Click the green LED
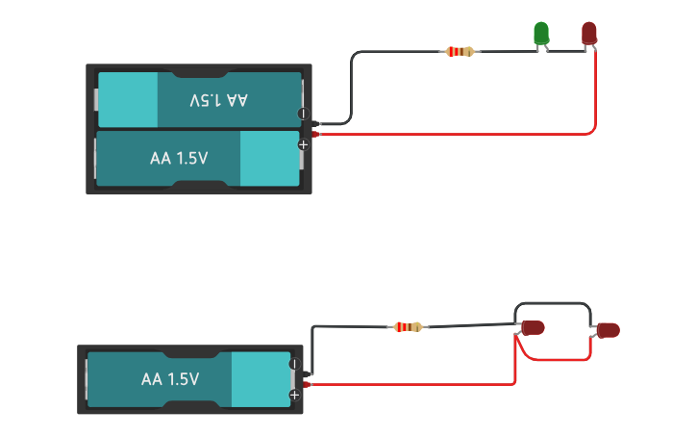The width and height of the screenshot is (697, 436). coord(541,34)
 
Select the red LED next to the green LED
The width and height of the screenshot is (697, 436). coord(588,34)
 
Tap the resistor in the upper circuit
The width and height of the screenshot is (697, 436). coord(461,51)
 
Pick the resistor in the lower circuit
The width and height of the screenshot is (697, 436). coord(409,327)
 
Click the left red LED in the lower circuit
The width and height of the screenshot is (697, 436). coord(533,327)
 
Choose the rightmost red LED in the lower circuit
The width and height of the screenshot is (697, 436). coord(608,330)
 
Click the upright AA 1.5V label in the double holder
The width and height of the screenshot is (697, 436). coord(179,158)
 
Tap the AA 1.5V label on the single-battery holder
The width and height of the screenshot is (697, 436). coord(170,379)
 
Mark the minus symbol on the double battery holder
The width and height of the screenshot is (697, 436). coord(303,114)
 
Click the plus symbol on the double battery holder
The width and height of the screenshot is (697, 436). coord(303,144)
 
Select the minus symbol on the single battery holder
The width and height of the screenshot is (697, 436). coord(294,365)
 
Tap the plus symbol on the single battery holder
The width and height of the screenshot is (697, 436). coord(294,395)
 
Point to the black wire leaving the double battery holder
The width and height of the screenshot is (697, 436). coord(352,87)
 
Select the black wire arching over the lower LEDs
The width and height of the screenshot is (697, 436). coord(553,304)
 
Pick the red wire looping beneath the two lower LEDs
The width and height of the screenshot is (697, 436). coord(558,360)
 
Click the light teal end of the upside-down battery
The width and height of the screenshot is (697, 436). coord(127,99)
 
